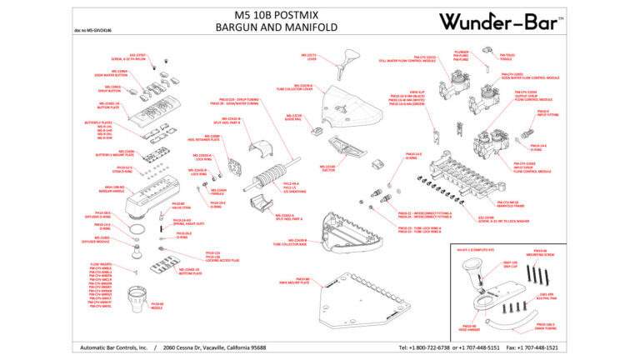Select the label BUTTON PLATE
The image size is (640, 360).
[109, 107]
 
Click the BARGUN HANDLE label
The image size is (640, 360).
[109, 190]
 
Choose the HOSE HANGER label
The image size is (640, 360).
[469, 328]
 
